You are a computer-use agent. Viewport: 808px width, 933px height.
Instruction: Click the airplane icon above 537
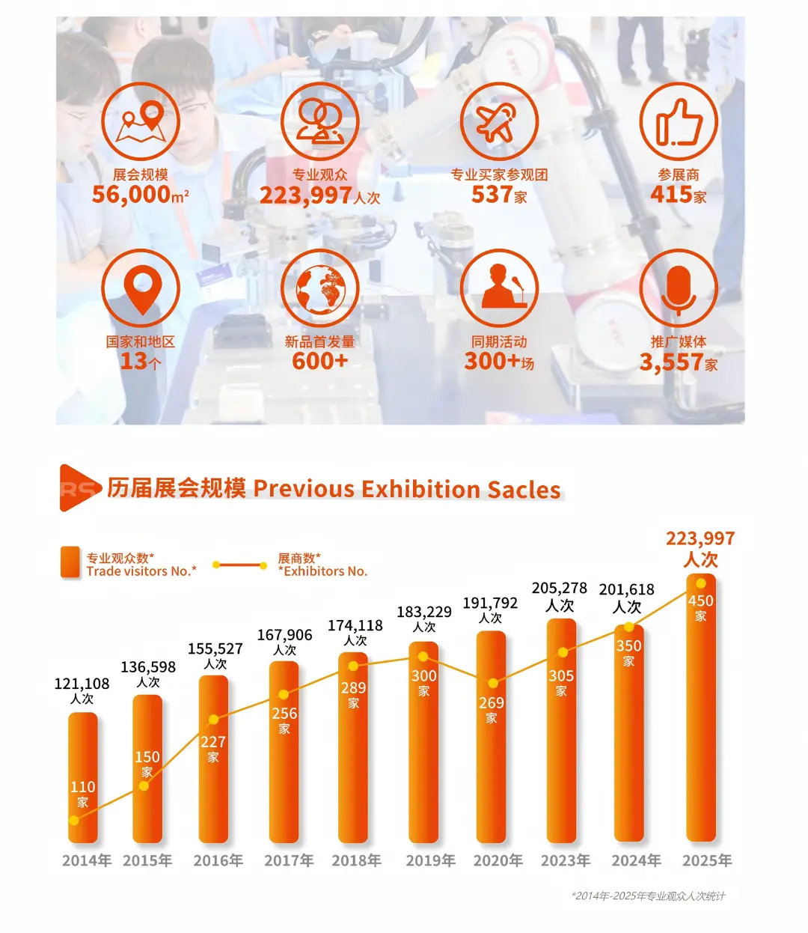coord(499,122)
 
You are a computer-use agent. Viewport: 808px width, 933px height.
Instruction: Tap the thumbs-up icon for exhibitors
coord(679,122)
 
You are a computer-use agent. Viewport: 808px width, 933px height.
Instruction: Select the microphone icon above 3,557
coord(679,288)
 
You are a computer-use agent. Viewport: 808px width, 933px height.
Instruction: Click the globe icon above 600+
coord(320,288)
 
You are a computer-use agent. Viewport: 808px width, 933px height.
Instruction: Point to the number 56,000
coord(132,195)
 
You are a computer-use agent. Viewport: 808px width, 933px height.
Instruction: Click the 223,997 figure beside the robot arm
coord(305,195)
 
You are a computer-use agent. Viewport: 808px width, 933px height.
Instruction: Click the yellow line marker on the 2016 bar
coord(213,720)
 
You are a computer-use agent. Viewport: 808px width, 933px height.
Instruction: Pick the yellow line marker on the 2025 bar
coord(701,583)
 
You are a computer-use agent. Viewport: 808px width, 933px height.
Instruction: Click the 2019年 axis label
coord(430,861)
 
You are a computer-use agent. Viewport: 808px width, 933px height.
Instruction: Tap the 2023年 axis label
coord(566,861)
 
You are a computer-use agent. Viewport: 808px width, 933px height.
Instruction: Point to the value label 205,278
coord(560,589)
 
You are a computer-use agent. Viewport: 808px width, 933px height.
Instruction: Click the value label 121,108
coord(82,684)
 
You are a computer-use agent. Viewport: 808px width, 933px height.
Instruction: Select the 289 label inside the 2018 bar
coord(353,688)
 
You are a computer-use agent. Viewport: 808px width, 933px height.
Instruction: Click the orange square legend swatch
coord(70,562)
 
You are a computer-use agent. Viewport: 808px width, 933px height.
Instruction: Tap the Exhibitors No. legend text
coord(323,571)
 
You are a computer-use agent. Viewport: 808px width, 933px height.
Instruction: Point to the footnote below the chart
coord(648,896)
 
